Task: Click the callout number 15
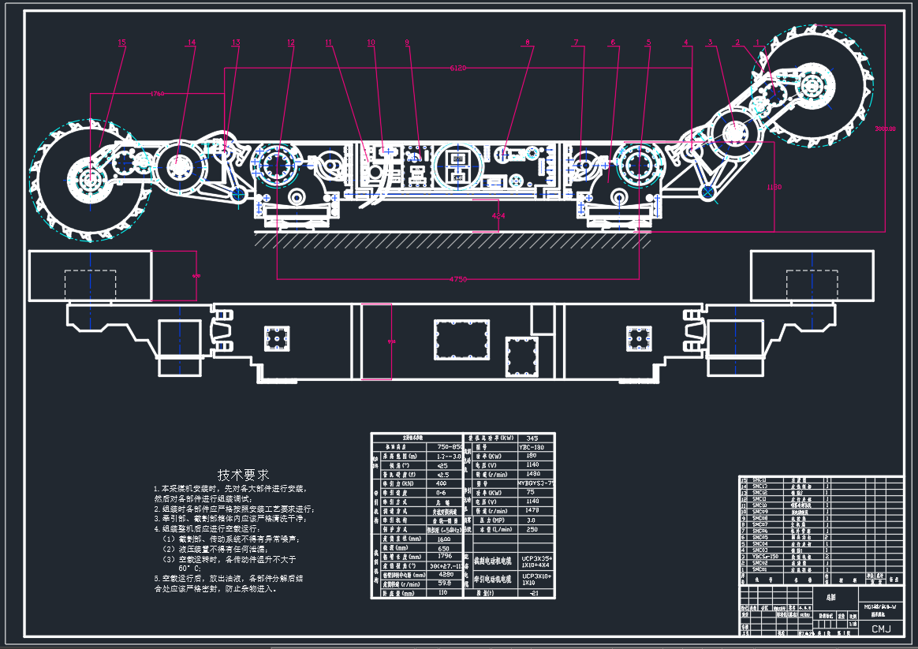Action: [121, 43]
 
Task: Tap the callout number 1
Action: [757, 43]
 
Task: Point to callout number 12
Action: [291, 43]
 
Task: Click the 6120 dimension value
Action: [457, 69]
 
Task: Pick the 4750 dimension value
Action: [457, 279]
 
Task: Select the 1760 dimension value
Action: [158, 94]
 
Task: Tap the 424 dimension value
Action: [498, 215]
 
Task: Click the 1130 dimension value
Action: [774, 187]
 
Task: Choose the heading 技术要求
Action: [243, 475]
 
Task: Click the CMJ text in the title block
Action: [880, 628]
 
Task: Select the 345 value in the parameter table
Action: [532, 438]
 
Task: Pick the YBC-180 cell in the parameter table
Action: [535, 447]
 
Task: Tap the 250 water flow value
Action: [533, 529]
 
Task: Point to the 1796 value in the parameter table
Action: [445, 557]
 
